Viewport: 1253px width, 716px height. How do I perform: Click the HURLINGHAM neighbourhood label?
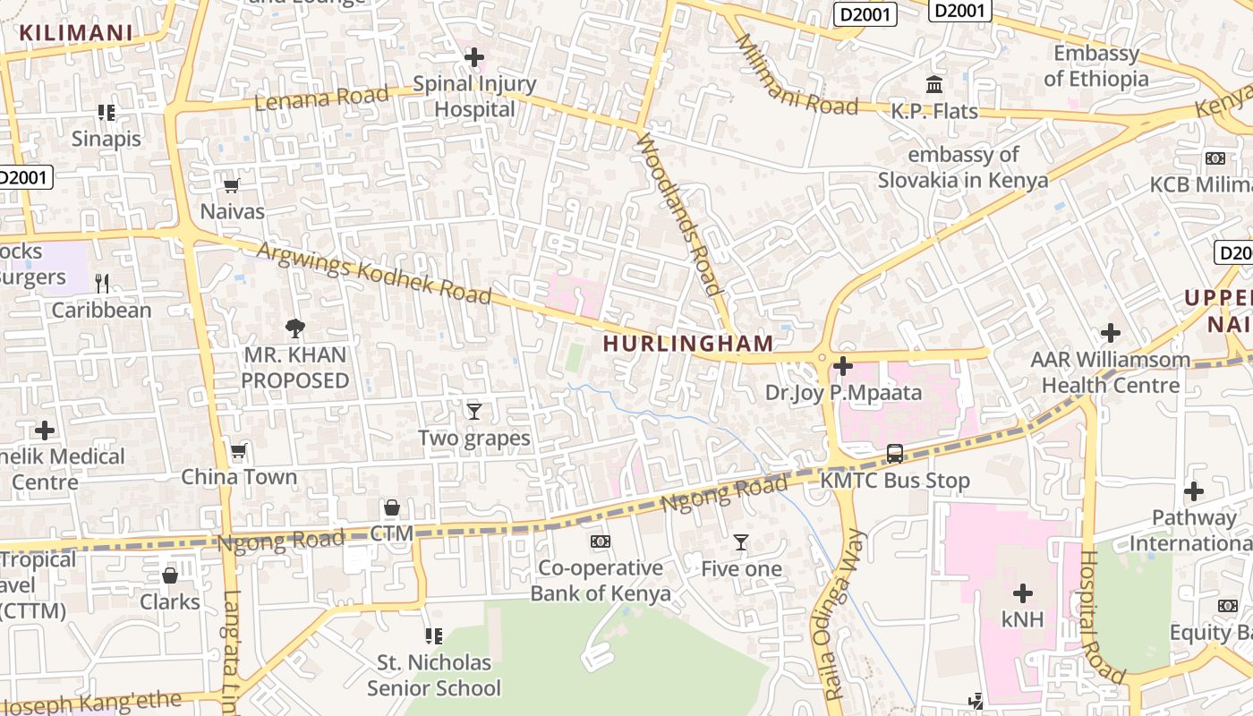687,344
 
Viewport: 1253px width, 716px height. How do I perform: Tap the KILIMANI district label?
76,33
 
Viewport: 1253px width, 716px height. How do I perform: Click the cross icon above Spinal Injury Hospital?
473,58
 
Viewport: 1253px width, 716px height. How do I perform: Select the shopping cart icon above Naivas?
232,185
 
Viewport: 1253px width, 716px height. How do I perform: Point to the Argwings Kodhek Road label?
374,270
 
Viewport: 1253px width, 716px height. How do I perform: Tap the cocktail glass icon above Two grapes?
474,411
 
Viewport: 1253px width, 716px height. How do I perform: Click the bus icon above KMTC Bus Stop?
894,454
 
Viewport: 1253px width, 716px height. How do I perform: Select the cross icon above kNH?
1023,593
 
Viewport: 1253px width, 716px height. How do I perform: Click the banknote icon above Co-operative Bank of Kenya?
601,541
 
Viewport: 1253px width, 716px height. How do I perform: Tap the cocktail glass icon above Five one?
741,541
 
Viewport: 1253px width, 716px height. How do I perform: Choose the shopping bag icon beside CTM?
392,507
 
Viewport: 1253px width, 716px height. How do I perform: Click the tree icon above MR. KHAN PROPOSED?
294,328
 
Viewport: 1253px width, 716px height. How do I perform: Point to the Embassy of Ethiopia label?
1096,66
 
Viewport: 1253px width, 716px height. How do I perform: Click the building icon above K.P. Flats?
934,85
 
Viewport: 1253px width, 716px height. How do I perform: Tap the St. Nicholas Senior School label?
434,676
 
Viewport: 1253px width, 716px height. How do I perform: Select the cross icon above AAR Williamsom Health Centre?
1111,334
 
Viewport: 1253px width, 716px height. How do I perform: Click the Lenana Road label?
321,97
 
